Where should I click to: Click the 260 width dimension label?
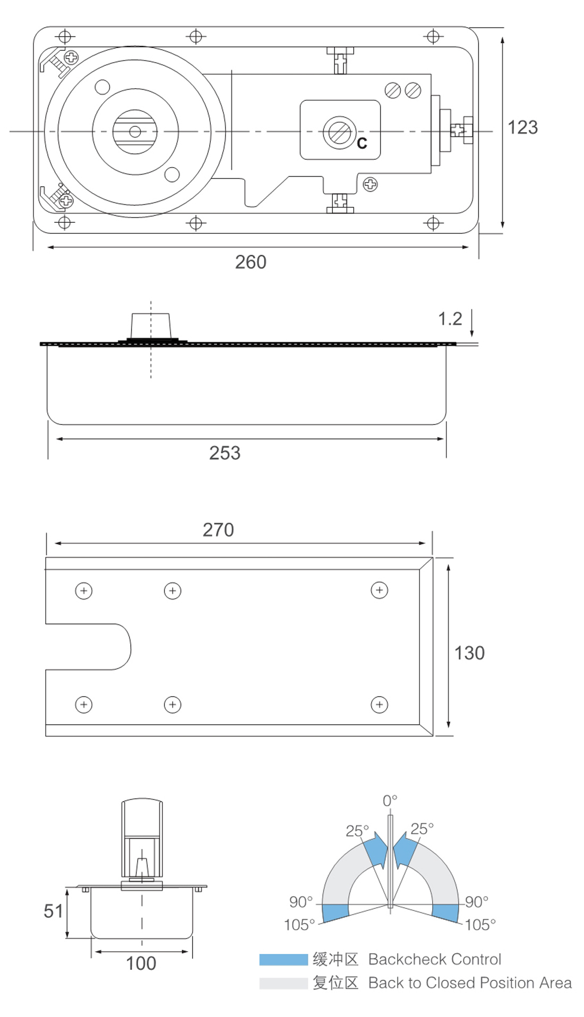click(251, 262)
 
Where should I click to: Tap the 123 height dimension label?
click(522, 127)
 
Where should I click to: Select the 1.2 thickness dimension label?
click(450, 319)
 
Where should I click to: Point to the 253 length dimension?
click(225, 453)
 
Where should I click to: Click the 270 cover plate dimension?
click(218, 529)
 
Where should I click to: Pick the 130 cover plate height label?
click(469, 653)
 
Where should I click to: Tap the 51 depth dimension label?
click(53, 911)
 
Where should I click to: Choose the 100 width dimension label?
click(141, 963)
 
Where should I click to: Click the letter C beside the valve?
click(362, 143)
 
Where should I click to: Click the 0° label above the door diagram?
click(390, 800)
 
